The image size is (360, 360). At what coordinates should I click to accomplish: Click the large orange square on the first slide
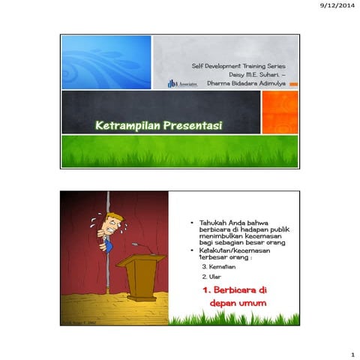279,112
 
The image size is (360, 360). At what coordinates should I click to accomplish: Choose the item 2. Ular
209,277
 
